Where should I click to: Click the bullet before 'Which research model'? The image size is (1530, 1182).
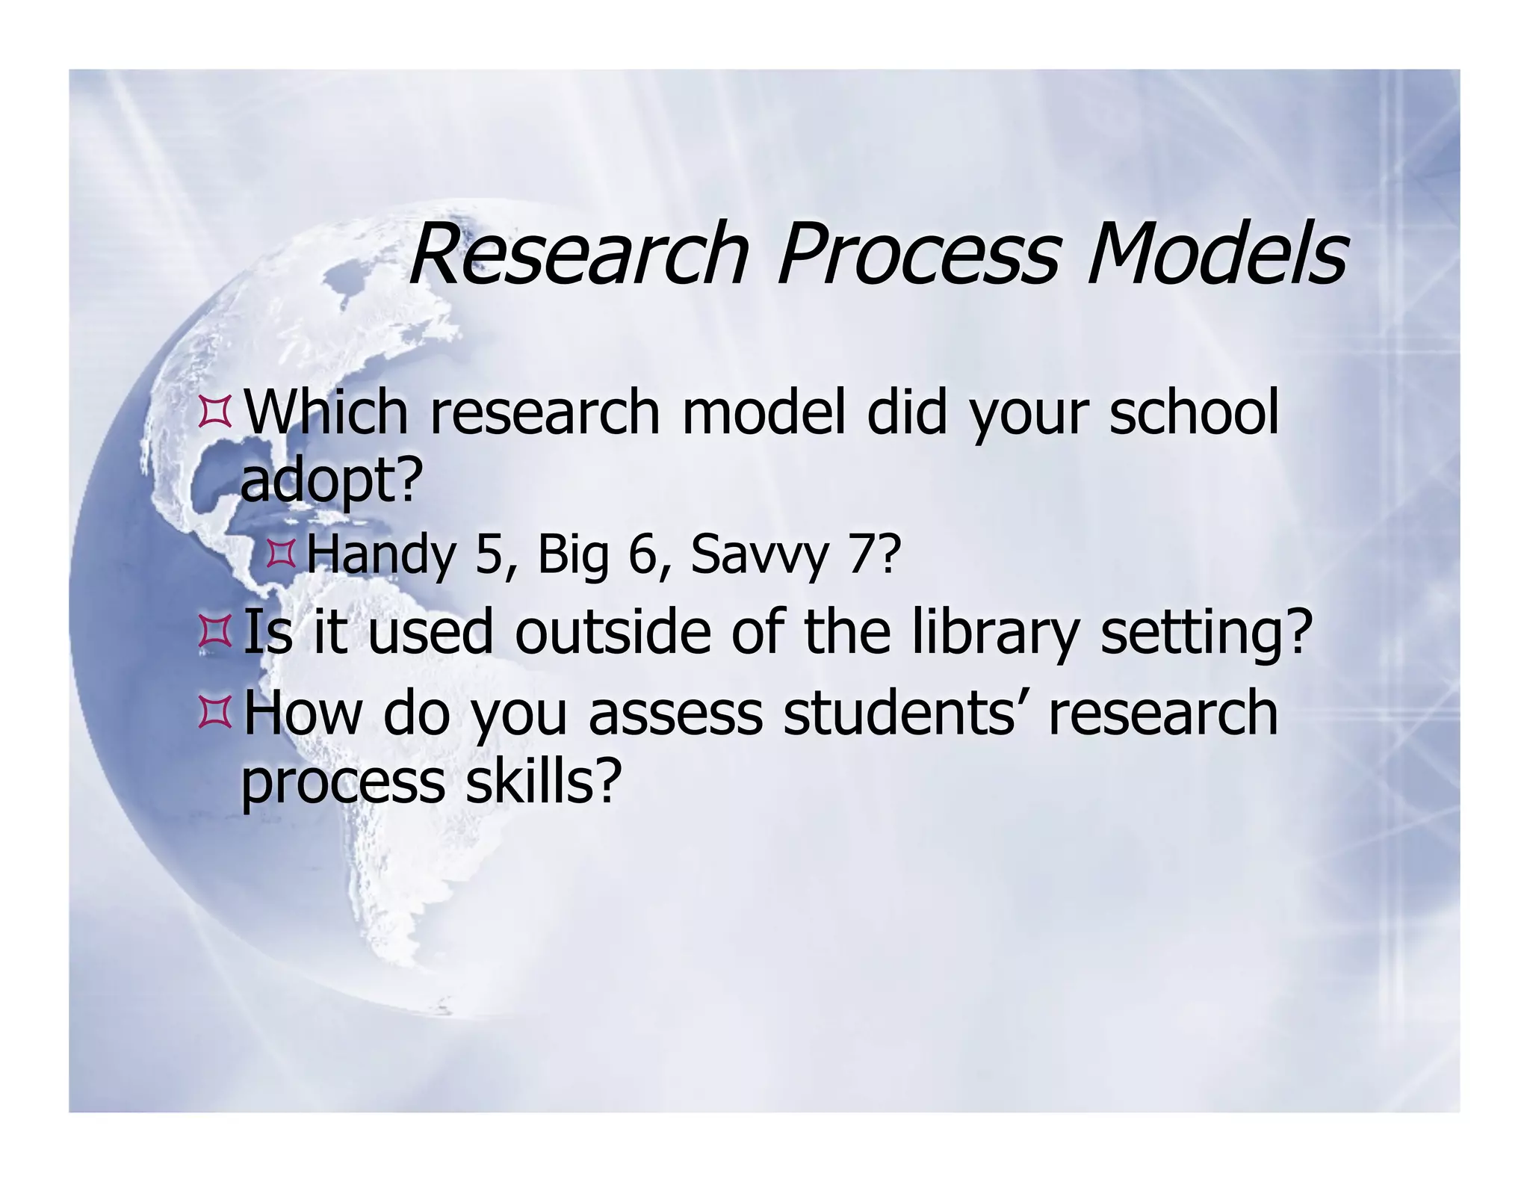(x=214, y=414)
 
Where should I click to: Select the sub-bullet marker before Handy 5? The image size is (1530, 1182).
(x=281, y=555)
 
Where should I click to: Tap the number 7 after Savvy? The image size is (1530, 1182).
(x=859, y=555)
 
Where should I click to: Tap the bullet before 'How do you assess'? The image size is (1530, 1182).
(x=214, y=714)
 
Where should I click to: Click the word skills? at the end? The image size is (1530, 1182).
(x=543, y=782)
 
